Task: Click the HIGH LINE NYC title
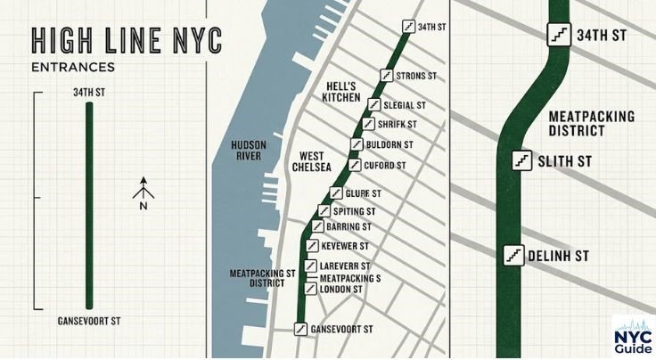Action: coord(126,41)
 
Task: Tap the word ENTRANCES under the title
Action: coord(71,67)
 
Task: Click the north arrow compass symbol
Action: coord(144,191)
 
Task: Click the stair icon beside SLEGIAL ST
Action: coord(374,104)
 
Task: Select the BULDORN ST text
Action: coord(389,144)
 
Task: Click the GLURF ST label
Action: coord(365,193)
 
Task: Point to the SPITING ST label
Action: coord(355,211)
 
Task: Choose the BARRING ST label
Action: coord(348,227)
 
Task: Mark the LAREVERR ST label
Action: coord(345,266)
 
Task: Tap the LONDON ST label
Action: coord(340,289)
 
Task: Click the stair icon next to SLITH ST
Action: coord(522,161)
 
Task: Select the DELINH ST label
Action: coord(559,256)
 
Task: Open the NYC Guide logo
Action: coord(632,336)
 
